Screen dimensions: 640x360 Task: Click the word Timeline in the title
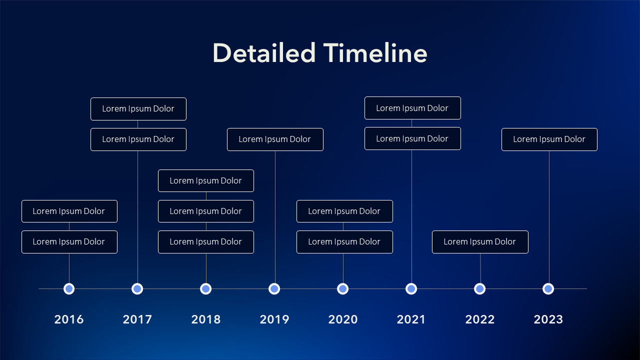click(375, 53)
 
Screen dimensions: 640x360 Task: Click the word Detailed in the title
click(264, 53)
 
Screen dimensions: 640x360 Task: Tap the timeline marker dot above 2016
click(69, 289)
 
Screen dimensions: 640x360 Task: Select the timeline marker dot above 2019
click(274, 289)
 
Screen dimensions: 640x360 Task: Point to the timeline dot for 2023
click(548, 289)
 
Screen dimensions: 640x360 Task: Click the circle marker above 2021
click(411, 289)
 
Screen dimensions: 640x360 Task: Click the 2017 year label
click(137, 319)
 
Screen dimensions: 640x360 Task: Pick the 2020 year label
click(343, 319)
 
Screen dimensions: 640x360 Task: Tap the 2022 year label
click(480, 319)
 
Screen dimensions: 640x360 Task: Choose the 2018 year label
click(206, 319)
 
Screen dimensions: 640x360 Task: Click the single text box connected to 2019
click(275, 139)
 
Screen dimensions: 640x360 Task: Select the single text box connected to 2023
click(549, 139)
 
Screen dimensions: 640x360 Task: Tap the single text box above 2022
click(480, 242)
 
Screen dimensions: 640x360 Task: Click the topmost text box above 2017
click(138, 109)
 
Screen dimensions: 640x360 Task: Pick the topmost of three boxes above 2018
click(206, 181)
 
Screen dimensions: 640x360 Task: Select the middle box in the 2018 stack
click(206, 211)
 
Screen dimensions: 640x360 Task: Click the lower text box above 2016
click(69, 242)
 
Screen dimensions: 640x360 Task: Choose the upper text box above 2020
click(345, 211)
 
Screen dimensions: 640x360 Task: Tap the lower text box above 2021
click(413, 138)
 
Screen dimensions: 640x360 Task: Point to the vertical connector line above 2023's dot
click(549, 217)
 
